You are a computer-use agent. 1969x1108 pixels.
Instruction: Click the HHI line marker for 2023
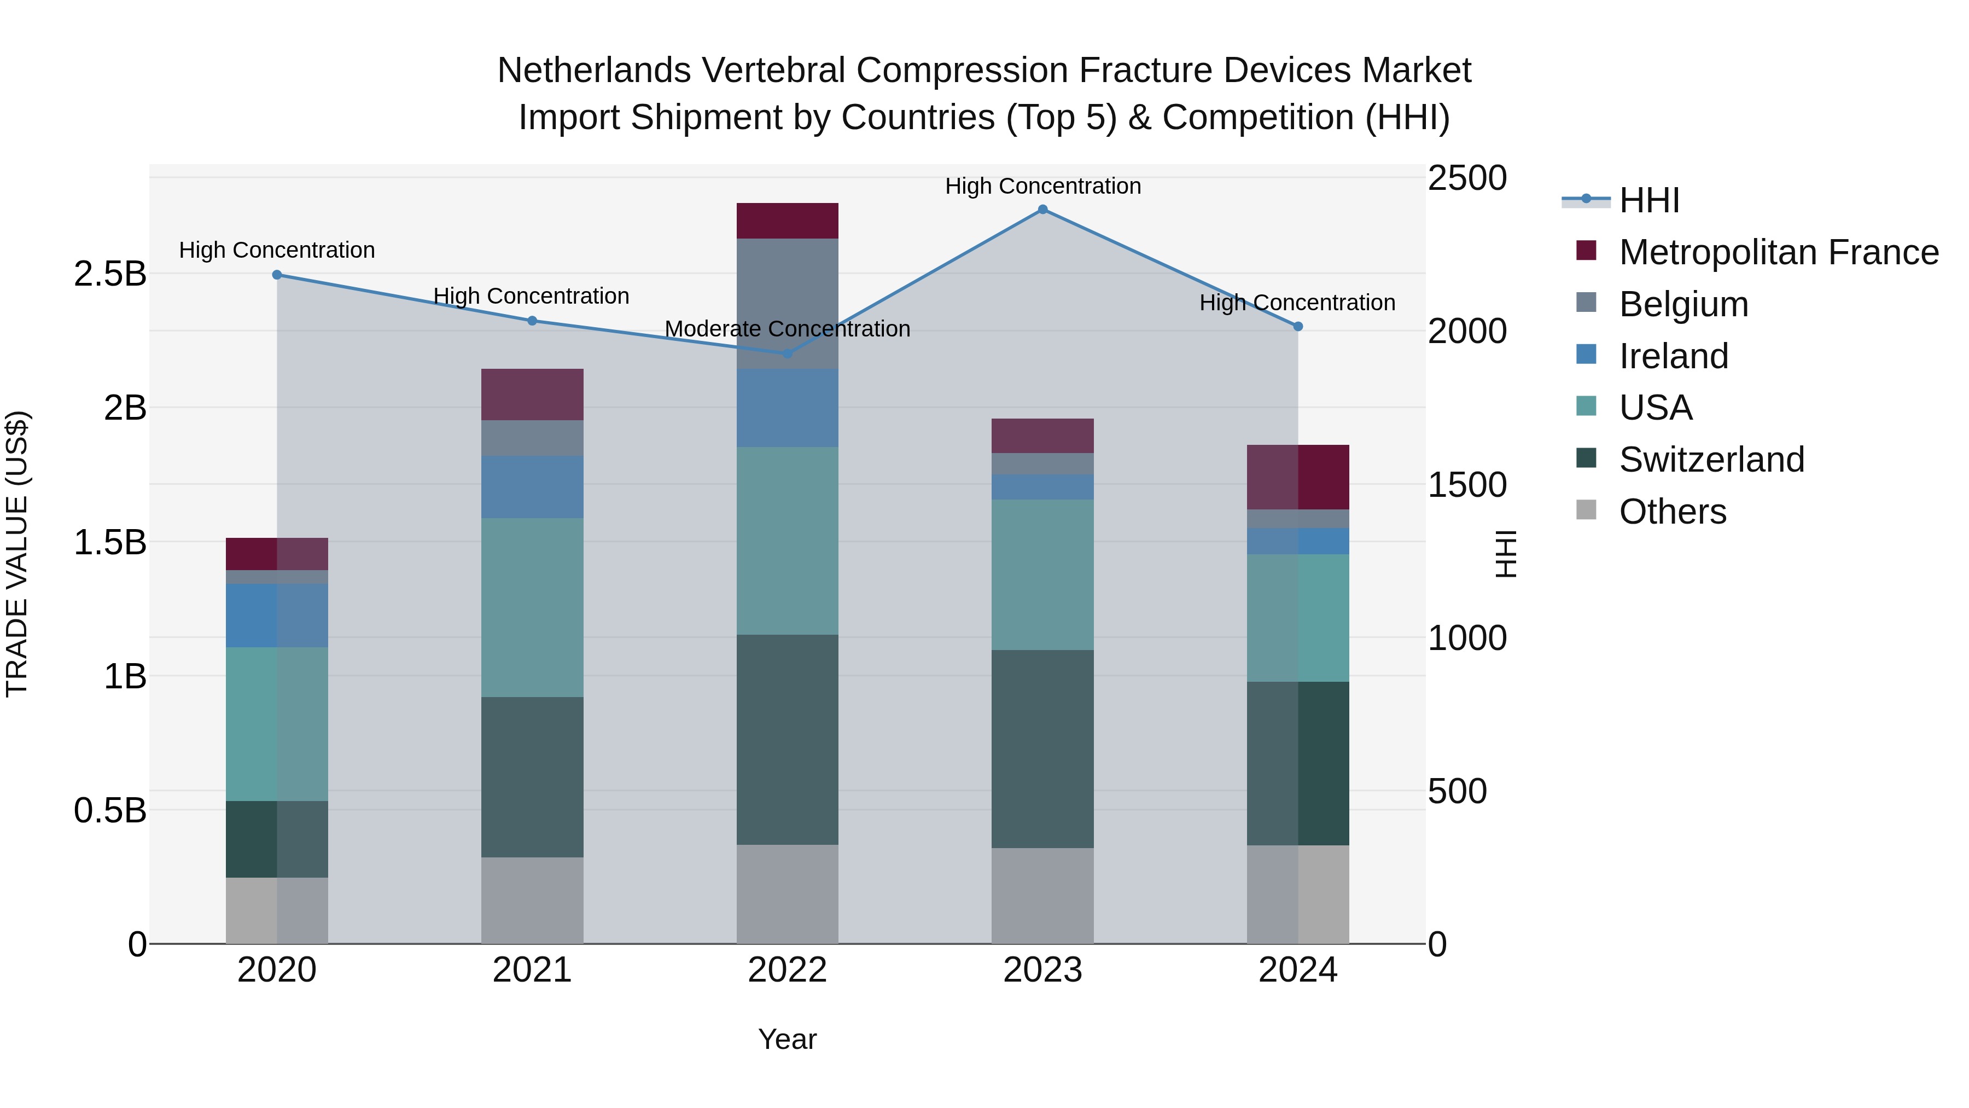click(1042, 210)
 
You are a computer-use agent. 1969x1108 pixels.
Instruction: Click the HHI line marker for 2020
click(277, 275)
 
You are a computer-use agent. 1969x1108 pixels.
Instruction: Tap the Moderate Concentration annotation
click(787, 329)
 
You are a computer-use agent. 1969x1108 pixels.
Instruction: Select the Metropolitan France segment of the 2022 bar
click(787, 221)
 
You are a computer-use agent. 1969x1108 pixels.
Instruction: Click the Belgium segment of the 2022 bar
click(787, 304)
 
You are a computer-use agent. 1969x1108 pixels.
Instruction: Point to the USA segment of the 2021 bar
click(532, 607)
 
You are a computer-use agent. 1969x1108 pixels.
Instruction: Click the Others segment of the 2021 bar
click(532, 900)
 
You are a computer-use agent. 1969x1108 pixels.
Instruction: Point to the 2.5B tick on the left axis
click(110, 274)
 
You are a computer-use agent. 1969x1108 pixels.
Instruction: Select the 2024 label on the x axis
click(1297, 970)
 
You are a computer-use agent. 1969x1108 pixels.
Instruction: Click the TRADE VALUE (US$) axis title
click(17, 554)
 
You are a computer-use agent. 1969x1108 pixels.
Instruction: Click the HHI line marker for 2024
click(1298, 327)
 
